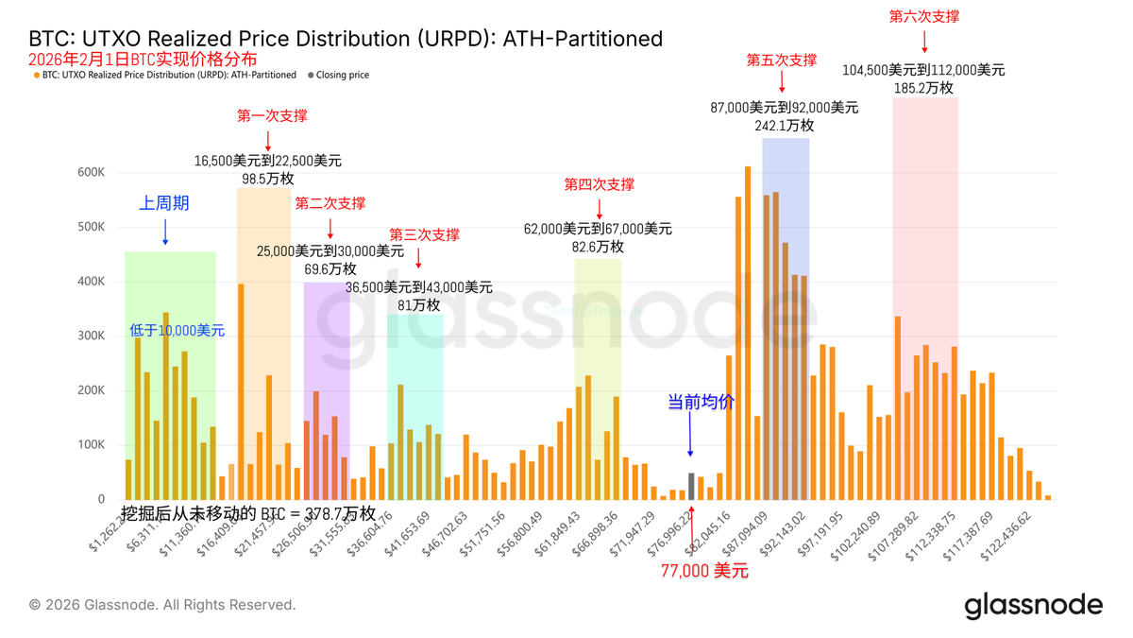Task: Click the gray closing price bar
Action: click(x=691, y=487)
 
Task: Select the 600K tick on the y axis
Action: click(x=92, y=173)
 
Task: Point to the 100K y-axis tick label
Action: click(x=92, y=445)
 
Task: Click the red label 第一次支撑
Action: click(x=272, y=116)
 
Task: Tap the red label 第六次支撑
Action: click(x=924, y=16)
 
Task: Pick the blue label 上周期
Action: click(x=164, y=203)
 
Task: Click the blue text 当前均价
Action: click(x=701, y=402)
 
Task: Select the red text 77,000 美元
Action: click(x=704, y=571)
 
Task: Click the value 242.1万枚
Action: click(x=784, y=125)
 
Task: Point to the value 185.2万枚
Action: click(x=923, y=88)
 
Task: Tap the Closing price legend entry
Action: click(x=342, y=75)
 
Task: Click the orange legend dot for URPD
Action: click(x=36, y=75)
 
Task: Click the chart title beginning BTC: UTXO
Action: click(x=346, y=39)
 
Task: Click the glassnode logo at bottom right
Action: click(x=1033, y=605)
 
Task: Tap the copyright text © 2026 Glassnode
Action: click(x=161, y=605)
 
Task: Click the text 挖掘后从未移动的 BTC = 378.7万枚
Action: click(x=249, y=513)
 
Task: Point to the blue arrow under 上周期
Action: click(x=165, y=233)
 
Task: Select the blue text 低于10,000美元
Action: click(x=178, y=331)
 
